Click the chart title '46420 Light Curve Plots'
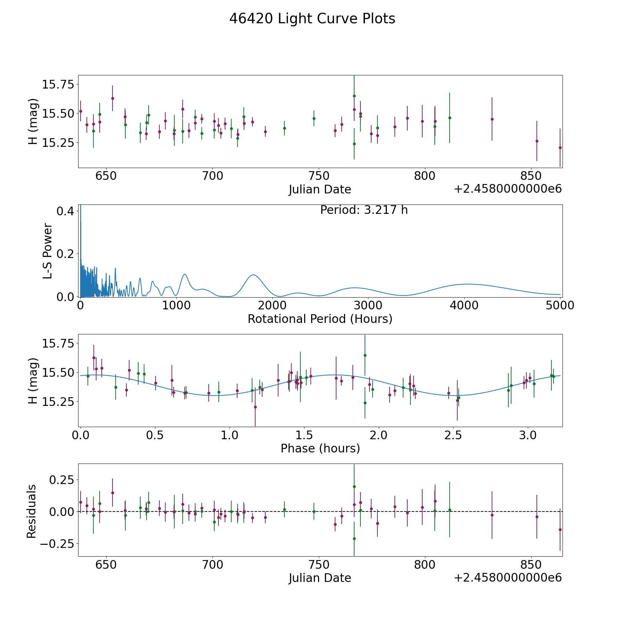pyautogui.click(x=312, y=19)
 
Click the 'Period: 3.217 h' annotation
pyautogui.click(x=364, y=210)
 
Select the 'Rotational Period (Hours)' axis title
pyautogui.click(x=320, y=319)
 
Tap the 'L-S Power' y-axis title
pyautogui.click(x=48, y=251)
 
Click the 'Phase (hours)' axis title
pyautogui.click(x=320, y=448)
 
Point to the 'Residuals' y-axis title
pyautogui.click(x=32, y=511)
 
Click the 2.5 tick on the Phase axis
pyautogui.click(x=453, y=435)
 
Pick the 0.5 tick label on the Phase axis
pyautogui.click(x=155, y=435)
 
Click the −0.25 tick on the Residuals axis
pyautogui.click(x=57, y=544)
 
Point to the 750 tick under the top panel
pyautogui.click(x=319, y=176)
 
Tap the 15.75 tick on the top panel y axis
pyautogui.click(x=58, y=84)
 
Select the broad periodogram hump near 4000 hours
pyautogui.click(x=467, y=284)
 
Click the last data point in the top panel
pyautogui.click(x=560, y=148)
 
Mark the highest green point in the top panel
pyautogui.click(x=354, y=96)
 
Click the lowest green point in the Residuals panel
pyautogui.click(x=354, y=539)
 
